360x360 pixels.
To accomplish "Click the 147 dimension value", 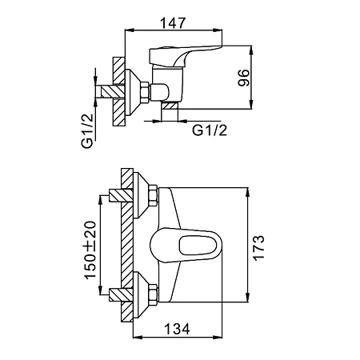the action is pyautogui.click(x=173, y=23).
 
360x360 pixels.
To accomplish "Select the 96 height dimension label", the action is pyautogui.click(x=244, y=78).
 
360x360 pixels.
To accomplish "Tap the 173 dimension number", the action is pyautogui.click(x=258, y=248).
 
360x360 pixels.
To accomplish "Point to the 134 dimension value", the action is pyautogui.click(x=177, y=329).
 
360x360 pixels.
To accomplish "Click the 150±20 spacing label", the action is pyautogui.click(x=90, y=250).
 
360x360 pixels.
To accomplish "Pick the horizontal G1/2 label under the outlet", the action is pyautogui.click(x=210, y=130).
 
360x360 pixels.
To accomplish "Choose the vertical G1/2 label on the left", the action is pyautogui.click(x=87, y=131).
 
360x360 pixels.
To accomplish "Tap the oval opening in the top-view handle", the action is pyautogui.click(x=198, y=245).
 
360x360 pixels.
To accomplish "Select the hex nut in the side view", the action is pyautogui.click(x=145, y=92).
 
